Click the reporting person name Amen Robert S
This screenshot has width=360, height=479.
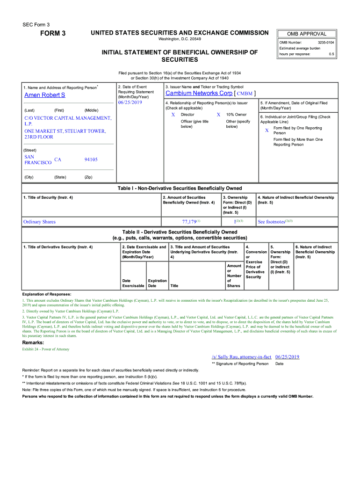coord(44,95)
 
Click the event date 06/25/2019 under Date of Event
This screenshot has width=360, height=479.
coord(130,102)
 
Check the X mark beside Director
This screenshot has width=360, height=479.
coord(173,115)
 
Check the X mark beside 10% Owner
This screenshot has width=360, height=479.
coord(218,115)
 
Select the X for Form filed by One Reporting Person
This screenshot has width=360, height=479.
coord(267,131)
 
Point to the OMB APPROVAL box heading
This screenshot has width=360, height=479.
coord(307,34)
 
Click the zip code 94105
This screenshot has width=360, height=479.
coord(91,160)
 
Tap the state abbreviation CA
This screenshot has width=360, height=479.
coord(58,160)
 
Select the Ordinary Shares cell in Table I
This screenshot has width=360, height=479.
coord(39,222)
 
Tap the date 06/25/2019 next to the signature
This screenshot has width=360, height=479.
coord(287,356)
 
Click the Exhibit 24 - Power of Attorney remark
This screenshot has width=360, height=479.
coord(46,349)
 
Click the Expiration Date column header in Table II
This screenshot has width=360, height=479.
coord(157,283)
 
